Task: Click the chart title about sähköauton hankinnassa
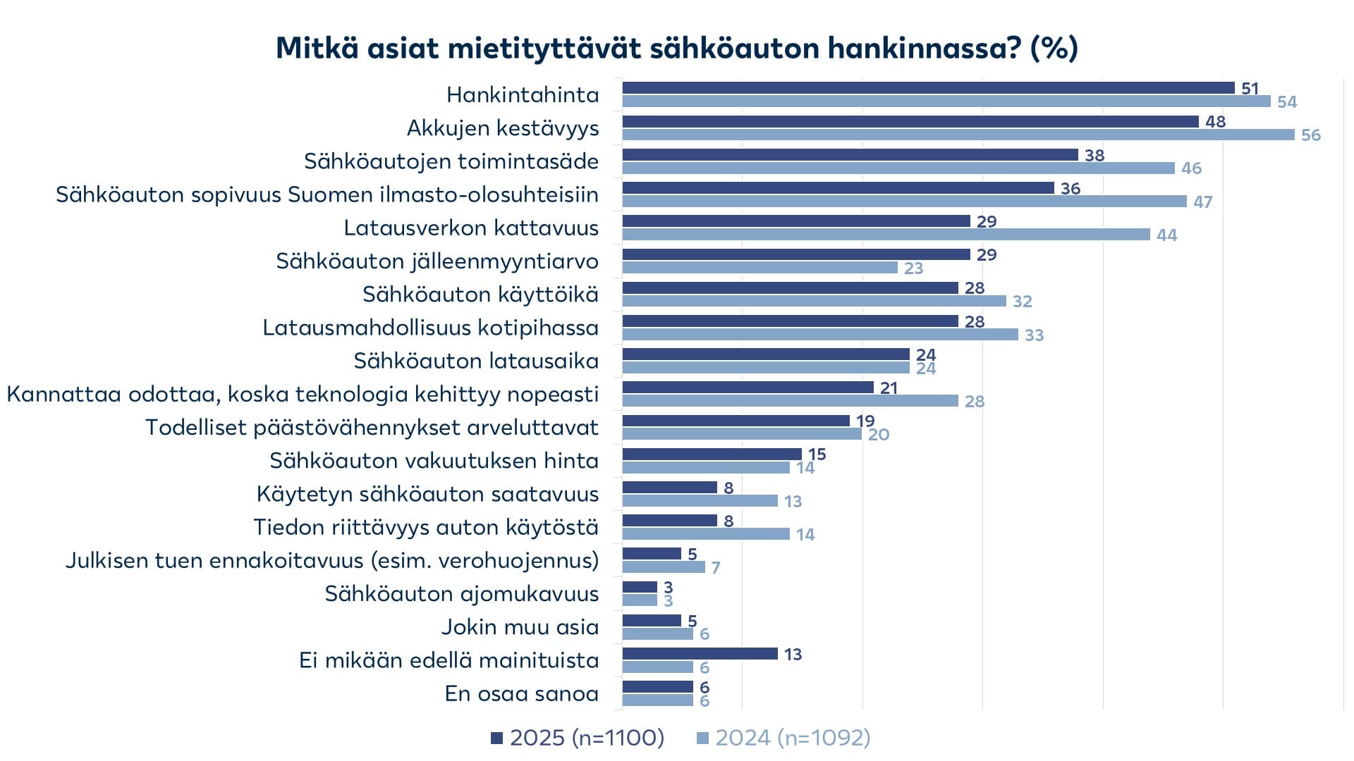click(676, 48)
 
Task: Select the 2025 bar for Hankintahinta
click(928, 88)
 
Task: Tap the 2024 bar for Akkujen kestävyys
click(958, 135)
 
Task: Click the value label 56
click(1310, 135)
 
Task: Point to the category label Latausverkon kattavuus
click(471, 228)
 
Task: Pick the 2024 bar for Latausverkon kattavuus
click(886, 235)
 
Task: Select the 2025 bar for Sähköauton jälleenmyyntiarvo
click(796, 254)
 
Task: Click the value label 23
click(913, 268)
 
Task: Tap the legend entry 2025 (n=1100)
click(578, 738)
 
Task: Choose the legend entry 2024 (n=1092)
click(783, 738)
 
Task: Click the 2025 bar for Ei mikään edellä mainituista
click(700, 654)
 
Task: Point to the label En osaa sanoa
click(521, 694)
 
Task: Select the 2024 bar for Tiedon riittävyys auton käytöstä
click(706, 534)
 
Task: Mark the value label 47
click(1202, 202)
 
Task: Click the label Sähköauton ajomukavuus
click(461, 594)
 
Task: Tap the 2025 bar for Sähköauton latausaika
click(766, 354)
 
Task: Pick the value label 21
click(889, 388)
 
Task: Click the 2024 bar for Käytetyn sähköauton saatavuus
click(700, 501)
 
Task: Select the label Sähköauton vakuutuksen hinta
click(434, 461)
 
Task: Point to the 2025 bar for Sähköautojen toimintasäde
click(850, 155)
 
